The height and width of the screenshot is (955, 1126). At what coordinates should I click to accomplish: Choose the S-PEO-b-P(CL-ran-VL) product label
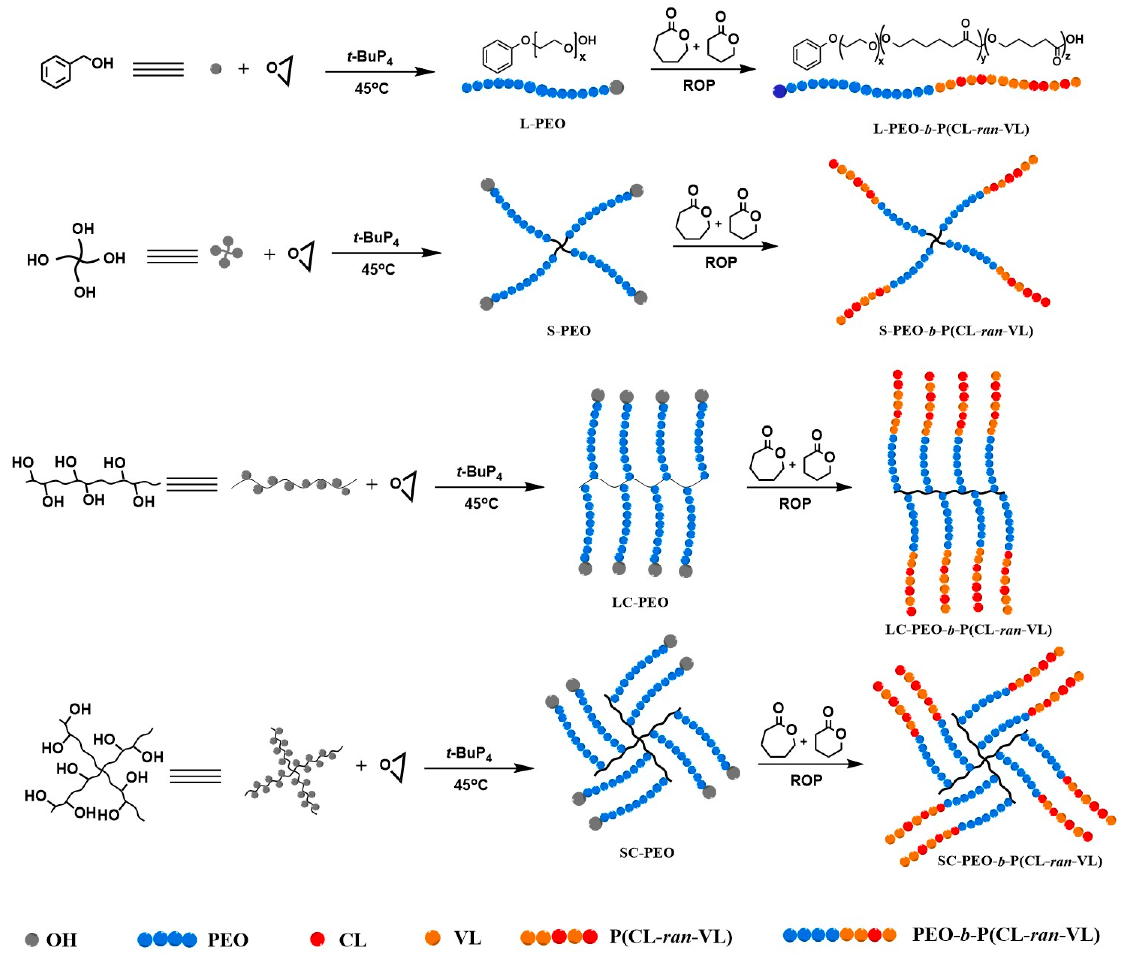[x=955, y=331]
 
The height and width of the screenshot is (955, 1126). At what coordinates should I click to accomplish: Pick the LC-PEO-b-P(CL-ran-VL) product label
[x=968, y=630]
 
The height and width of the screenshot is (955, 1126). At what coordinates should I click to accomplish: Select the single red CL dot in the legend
[x=318, y=938]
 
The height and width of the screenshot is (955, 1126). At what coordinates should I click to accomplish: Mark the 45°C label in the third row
[x=481, y=503]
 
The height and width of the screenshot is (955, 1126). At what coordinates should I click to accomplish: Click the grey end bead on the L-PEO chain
[x=616, y=87]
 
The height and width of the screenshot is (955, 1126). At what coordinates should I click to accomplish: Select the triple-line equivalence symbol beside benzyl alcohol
[x=158, y=69]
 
